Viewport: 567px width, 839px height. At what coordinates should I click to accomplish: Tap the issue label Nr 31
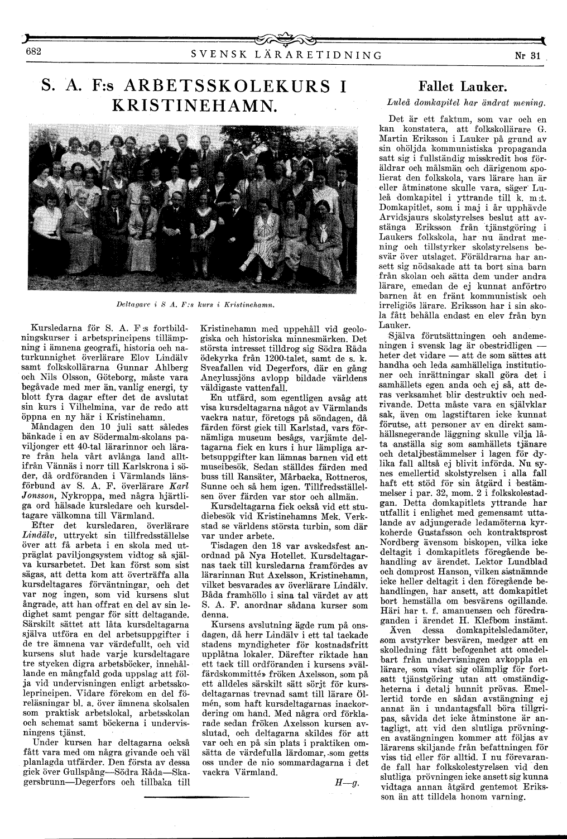pos(528,55)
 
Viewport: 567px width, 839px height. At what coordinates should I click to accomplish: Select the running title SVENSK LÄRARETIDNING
pos(286,55)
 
